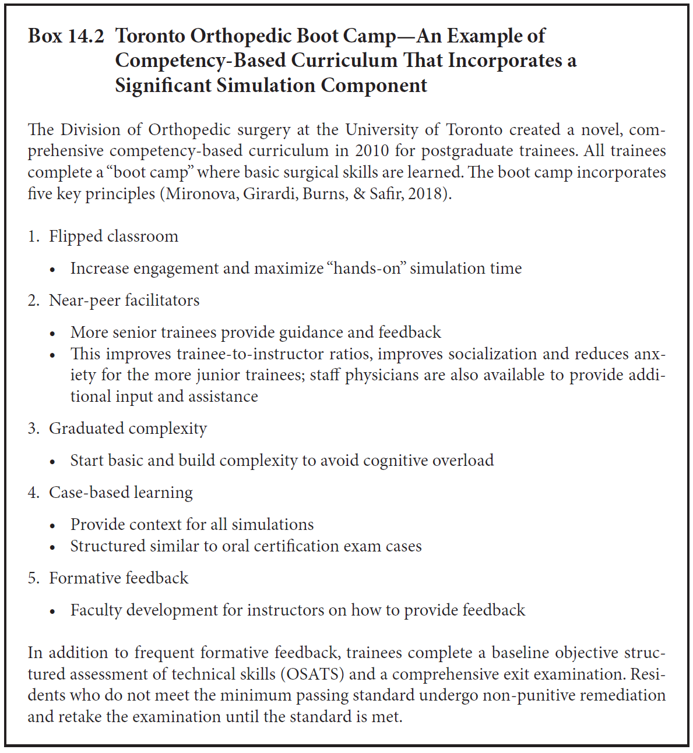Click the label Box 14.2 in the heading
pyautogui.click(x=66, y=36)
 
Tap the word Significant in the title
pyautogui.click(x=163, y=86)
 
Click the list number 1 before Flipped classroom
pyautogui.click(x=33, y=236)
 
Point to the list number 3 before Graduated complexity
pyautogui.click(x=33, y=429)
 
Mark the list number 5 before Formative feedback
pyautogui.click(x=33, y=578)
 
